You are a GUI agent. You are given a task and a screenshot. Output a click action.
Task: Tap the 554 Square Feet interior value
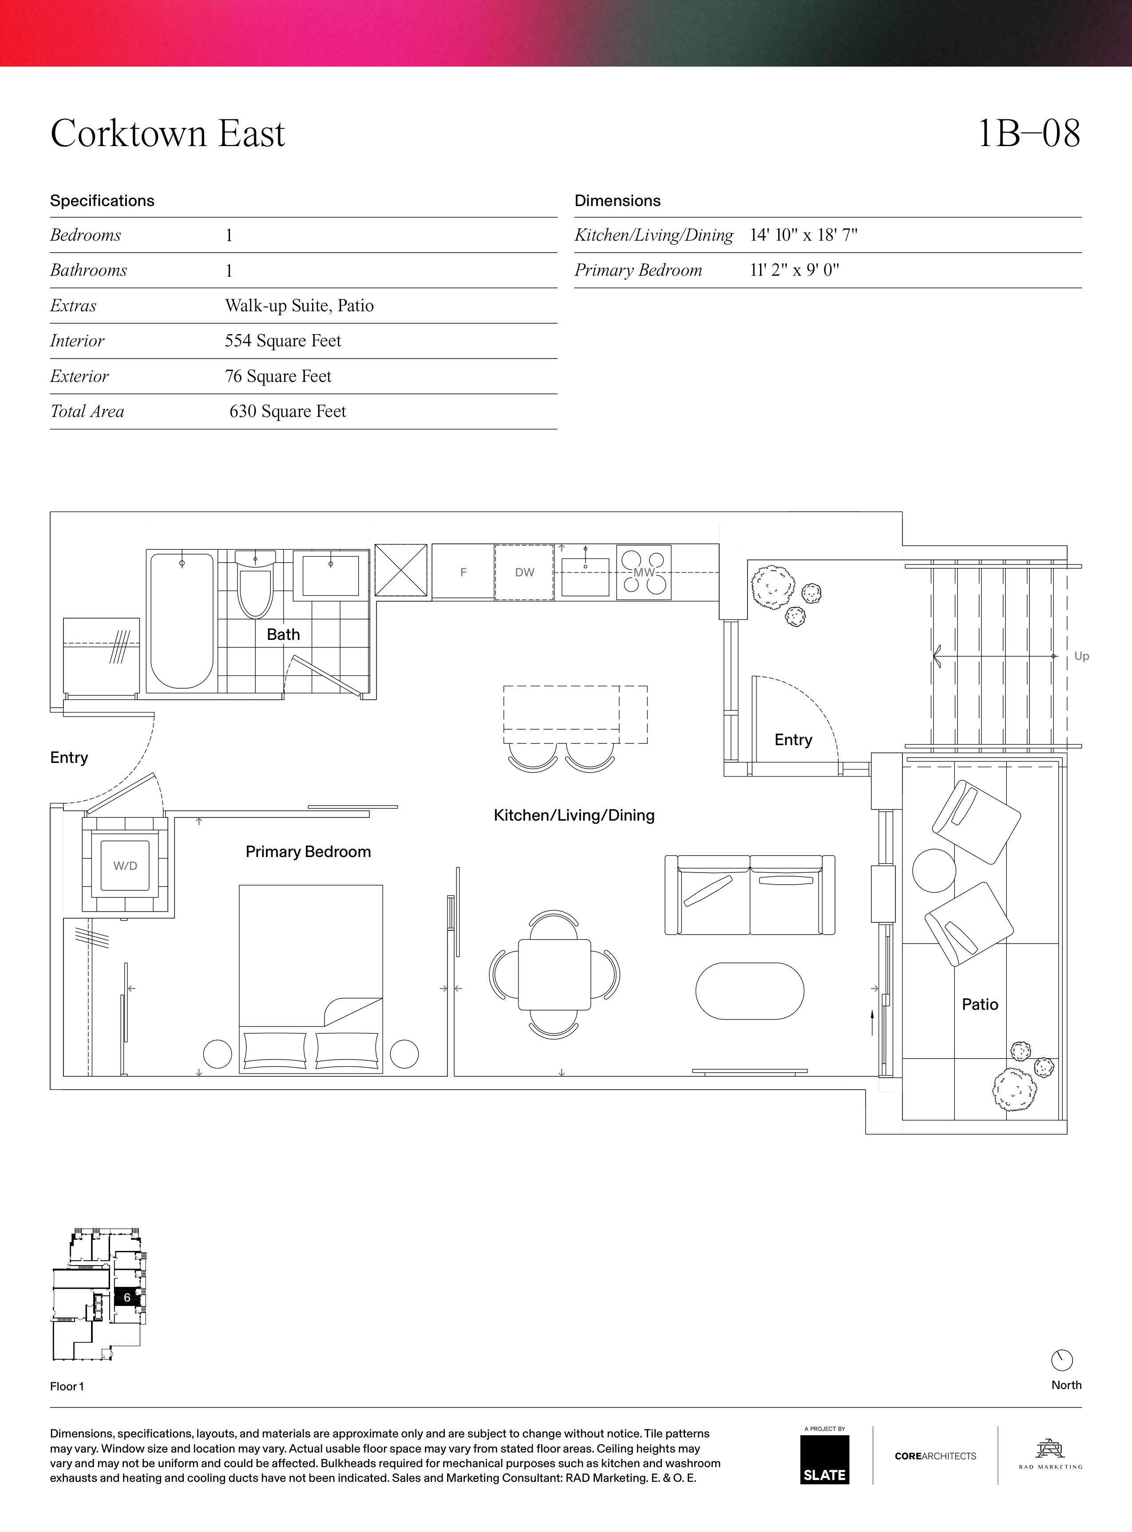(x=283, y=341)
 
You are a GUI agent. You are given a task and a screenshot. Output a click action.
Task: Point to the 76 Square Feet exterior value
(x=278, y=376)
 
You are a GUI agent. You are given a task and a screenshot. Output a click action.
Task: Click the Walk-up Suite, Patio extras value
(x=300, y=306)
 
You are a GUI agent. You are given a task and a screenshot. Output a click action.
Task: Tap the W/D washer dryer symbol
(x=125, y=866)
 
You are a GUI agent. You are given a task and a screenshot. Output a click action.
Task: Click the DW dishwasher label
(x=525, y=572)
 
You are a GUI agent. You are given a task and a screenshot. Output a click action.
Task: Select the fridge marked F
(x=463, y=572)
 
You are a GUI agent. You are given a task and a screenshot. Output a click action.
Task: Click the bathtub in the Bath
(x=182, y=621)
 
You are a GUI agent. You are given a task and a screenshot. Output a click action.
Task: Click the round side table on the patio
(x=934, y=870)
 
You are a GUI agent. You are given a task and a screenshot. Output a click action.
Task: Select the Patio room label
(x=980, y=1004)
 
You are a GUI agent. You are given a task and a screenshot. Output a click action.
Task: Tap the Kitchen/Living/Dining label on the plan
(x=574, y=815)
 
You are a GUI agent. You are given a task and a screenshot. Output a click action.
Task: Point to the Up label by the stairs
(x=1081, y=656)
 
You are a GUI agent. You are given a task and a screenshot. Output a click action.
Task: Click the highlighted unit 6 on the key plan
(x=127, y=1297)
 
